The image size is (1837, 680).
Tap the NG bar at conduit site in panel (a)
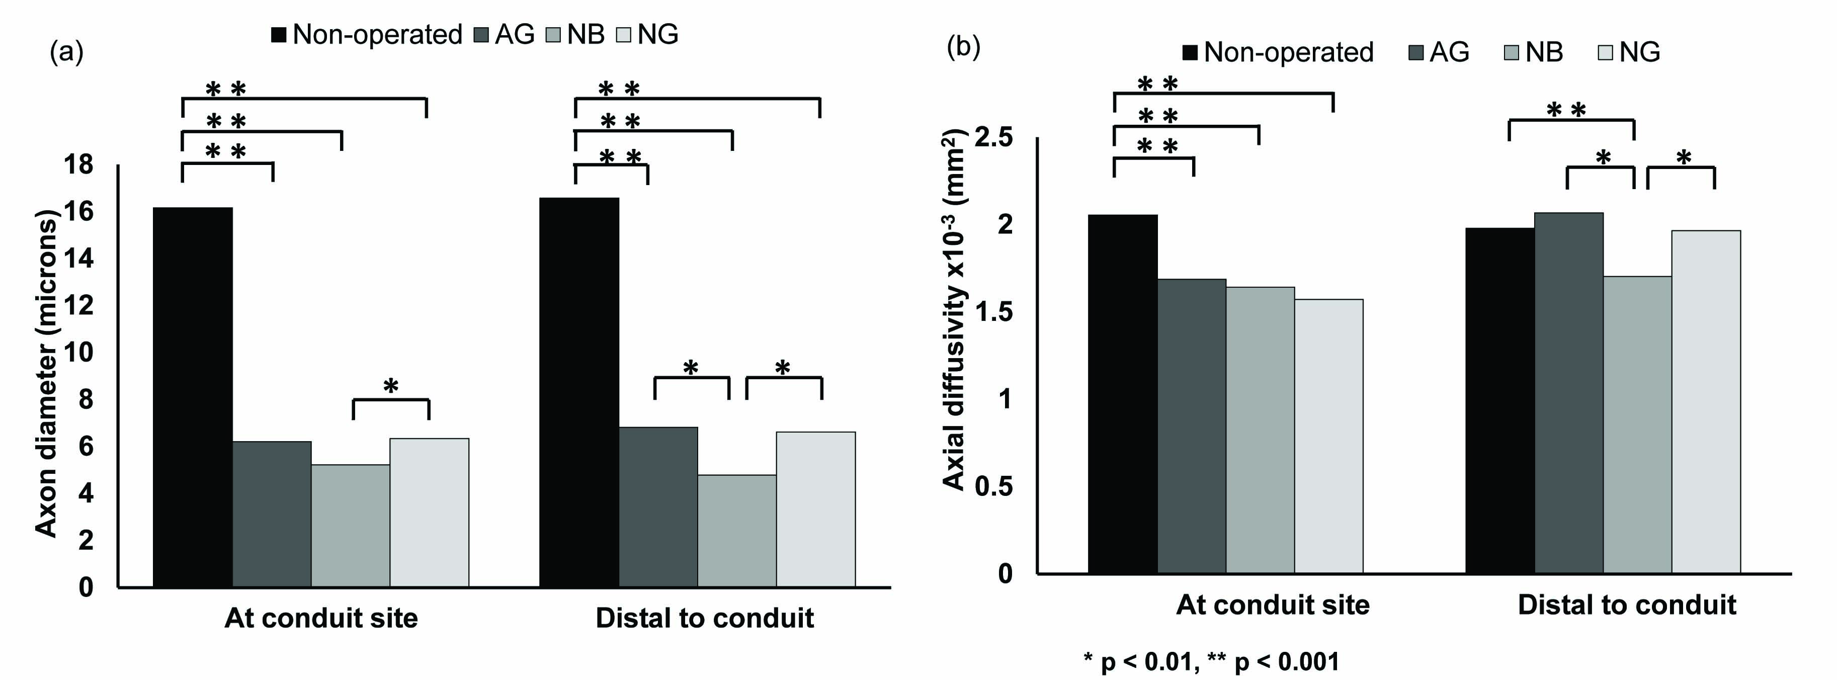(429, 513)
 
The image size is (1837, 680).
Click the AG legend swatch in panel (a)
(482, 35)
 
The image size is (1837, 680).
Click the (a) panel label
(66, 52)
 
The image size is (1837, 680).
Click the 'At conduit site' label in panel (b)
(1272, 605)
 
